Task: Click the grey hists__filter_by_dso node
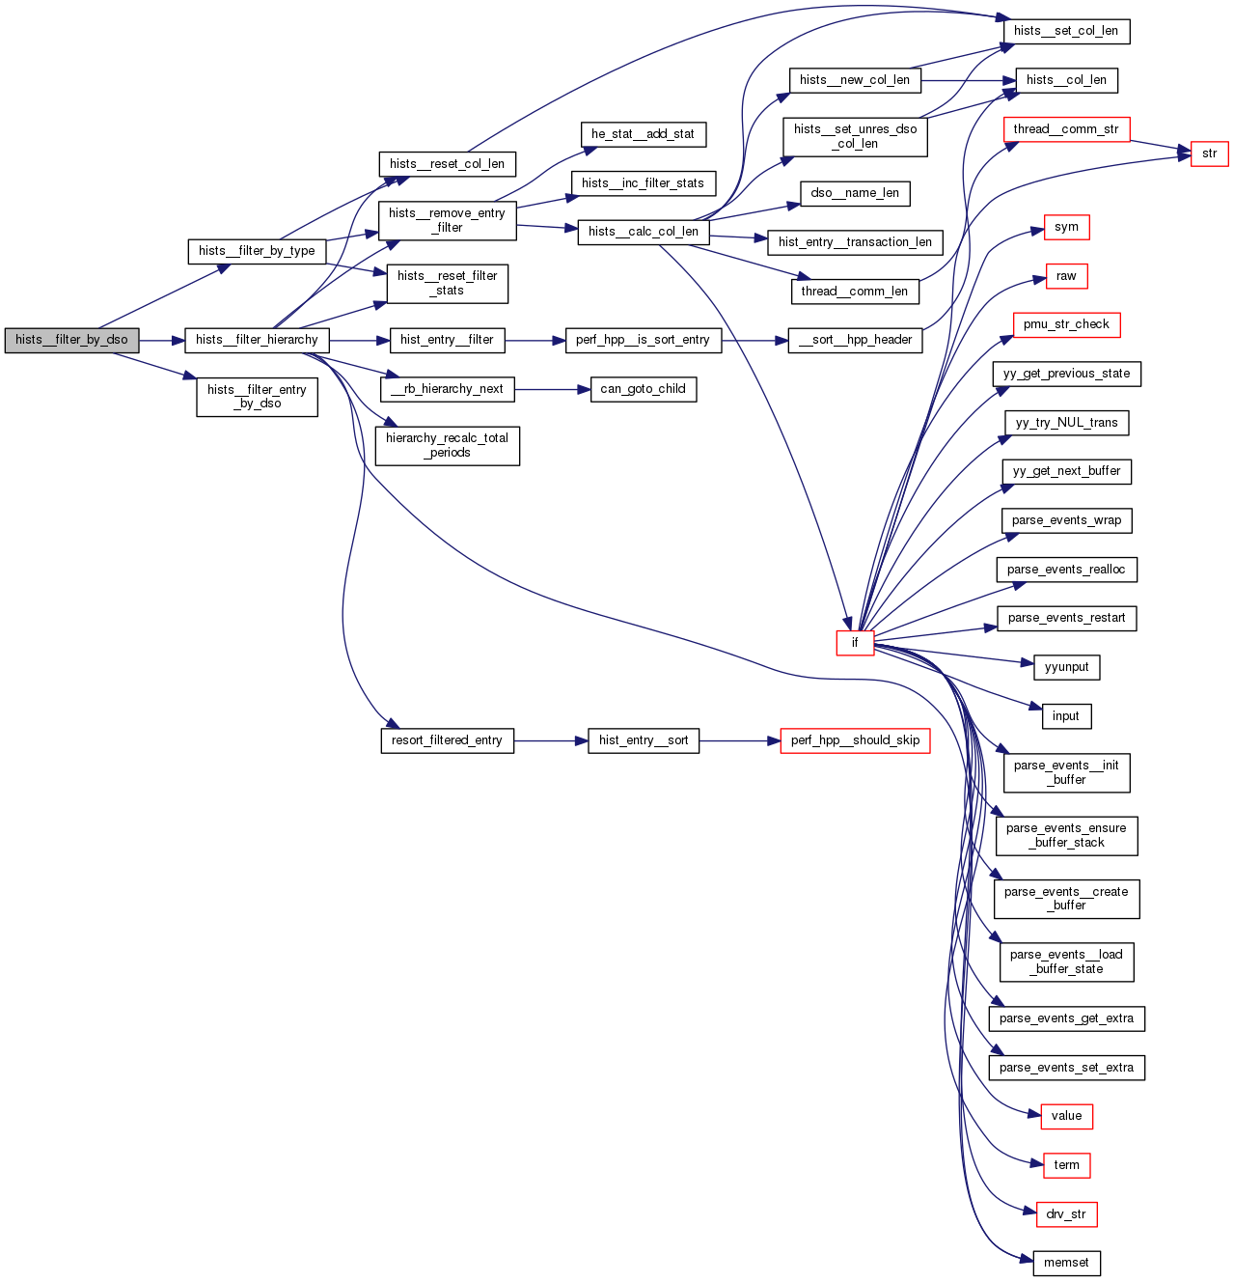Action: [x=71, y=340]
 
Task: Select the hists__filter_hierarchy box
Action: [x=257, y=340]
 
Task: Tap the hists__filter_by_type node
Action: [x=257, y=251]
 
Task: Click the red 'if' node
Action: [x=855, y=643]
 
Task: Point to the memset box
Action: [x=1066, y=1263]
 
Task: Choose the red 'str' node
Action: [x=1209, y=153]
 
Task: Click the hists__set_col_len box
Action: [x=1066, y=31]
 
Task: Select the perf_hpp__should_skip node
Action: [x=855, y=740]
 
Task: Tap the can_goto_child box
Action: [x=643, y=389]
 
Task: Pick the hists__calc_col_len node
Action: [x=644, y=232]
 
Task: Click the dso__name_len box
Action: [x=855, y=193]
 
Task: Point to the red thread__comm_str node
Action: [x=1066, y=129]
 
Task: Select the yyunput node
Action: [x=1066, y=667]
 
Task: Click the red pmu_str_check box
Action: [x=1066, y=324]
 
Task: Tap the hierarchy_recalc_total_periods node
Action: [x=447, y=445]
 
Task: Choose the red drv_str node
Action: [x=1066, y=1214]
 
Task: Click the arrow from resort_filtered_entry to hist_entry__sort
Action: [x=551, y=740]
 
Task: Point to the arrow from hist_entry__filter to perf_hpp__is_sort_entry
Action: [x=535, y=340]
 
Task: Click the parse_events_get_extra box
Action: [x=1066, y=1018]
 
